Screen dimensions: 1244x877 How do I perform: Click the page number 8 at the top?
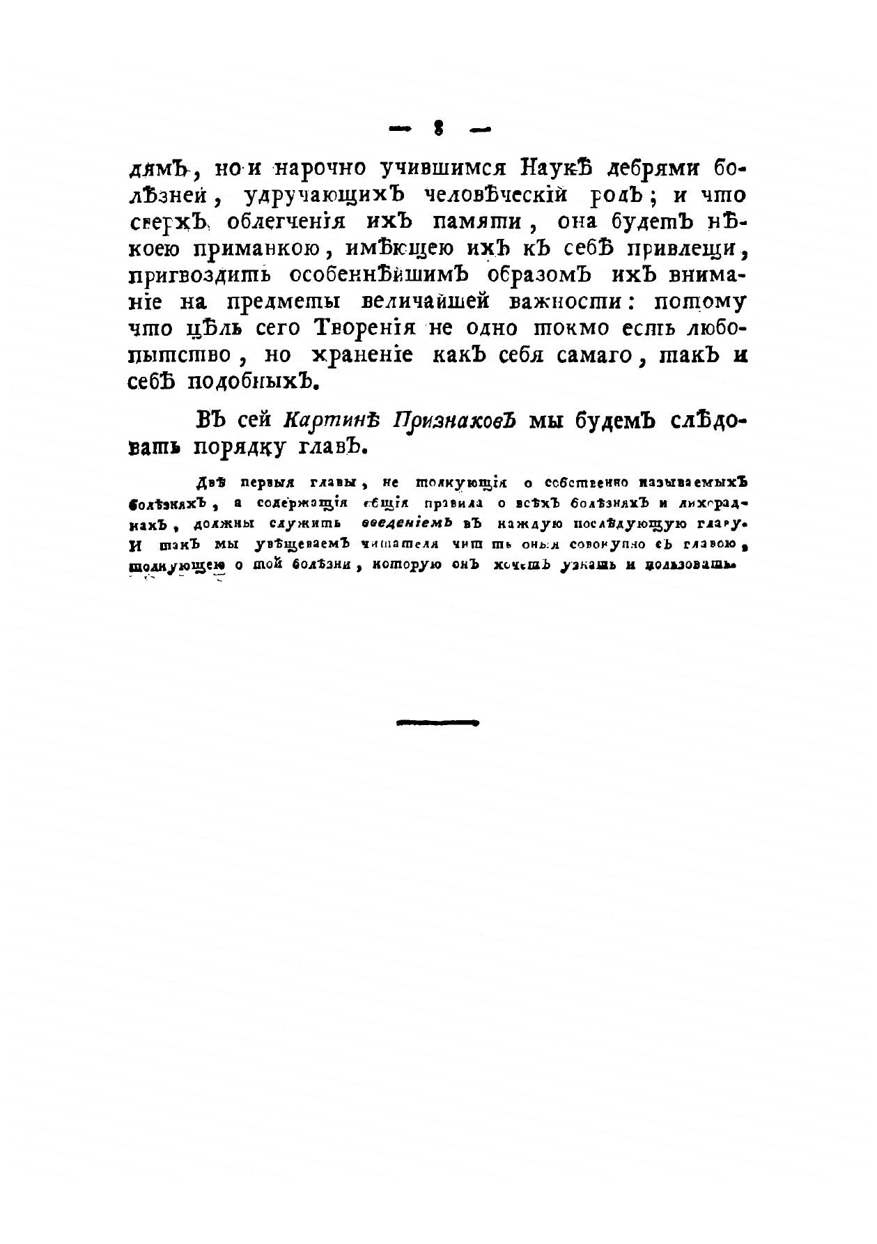[x=439, y=127]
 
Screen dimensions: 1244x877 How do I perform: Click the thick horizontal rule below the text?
[x=438, y=723]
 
